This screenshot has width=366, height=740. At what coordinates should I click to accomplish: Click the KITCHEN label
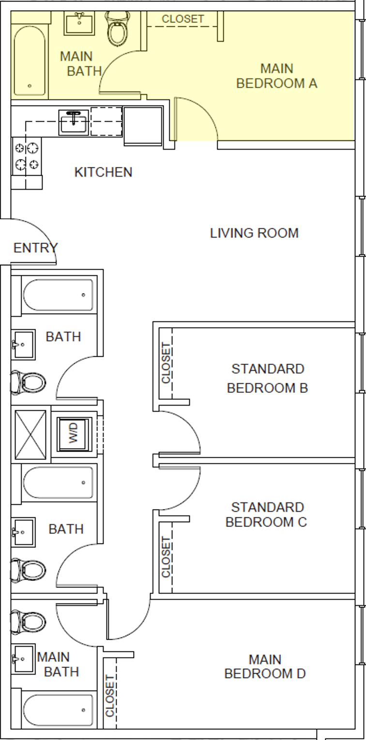pos(103,172)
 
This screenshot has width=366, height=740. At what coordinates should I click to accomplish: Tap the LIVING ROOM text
pos(254,233)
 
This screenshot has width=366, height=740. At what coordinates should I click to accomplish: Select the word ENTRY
pos(35,248)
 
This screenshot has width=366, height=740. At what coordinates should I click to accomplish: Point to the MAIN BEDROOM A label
pos(276,76)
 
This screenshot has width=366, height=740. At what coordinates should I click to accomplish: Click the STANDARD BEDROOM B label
pos(267,378)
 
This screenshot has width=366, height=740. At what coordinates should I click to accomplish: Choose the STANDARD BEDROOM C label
pos(266,515)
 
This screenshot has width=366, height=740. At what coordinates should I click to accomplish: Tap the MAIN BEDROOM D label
pos(265,666)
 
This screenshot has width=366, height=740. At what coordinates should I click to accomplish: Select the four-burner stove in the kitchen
pos(27,156)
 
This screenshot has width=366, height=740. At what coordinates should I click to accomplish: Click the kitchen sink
pos(74,121)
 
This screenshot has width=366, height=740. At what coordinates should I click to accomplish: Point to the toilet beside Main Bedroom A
pos(117,29)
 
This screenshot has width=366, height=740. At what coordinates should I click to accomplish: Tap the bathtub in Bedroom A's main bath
pos(30,60)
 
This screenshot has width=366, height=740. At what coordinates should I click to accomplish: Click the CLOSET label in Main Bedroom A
pos(183,19)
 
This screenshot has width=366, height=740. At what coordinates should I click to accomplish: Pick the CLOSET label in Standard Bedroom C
pos(166,557)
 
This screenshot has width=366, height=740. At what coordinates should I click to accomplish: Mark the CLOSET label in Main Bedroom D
pos(110,695)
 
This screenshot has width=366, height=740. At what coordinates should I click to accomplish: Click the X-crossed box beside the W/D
pos(30,435)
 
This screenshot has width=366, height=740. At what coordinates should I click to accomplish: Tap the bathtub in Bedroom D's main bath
pos(58,710)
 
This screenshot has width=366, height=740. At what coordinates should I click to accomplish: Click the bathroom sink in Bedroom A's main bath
pos(78,22)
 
